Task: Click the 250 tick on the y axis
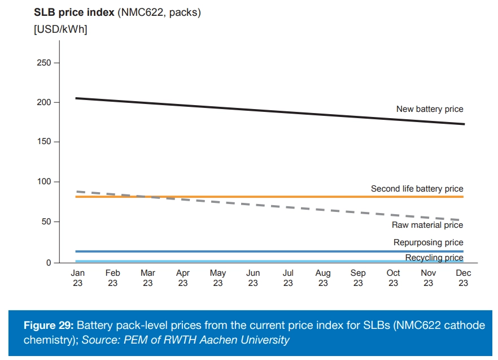tap(43, 63)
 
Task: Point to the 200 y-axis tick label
tap(43, 102)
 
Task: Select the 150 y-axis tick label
tap(43, 142)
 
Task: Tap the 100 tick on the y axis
tap(43, 182)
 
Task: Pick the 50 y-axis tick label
tap(46, 222)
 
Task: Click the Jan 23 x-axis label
tap(78, 277)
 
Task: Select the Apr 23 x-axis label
tap(183, 277)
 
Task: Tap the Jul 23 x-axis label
tap(288, 277)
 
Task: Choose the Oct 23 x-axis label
tap(393, 277)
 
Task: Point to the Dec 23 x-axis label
tap(463, 277)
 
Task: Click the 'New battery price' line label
tap(430, 109)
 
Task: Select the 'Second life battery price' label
tap(417, 189)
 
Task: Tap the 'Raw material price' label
tap(427, 225)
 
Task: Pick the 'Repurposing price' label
tap(428, 242)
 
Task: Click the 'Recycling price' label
tap(434, 258)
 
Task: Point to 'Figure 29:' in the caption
tap(48, 326)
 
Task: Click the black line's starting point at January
tap(76, 98)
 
